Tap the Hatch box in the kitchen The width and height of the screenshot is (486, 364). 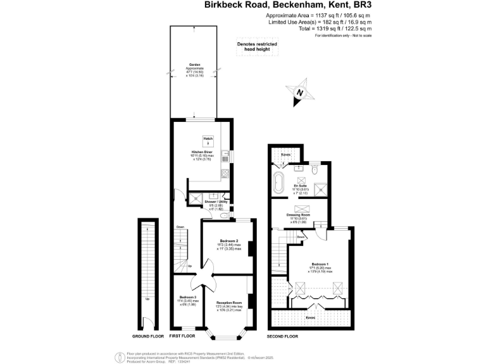[x=208, y=140]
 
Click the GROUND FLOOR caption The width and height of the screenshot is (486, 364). [x=148, y=336]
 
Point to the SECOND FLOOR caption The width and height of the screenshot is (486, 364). [x=282, y=336]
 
